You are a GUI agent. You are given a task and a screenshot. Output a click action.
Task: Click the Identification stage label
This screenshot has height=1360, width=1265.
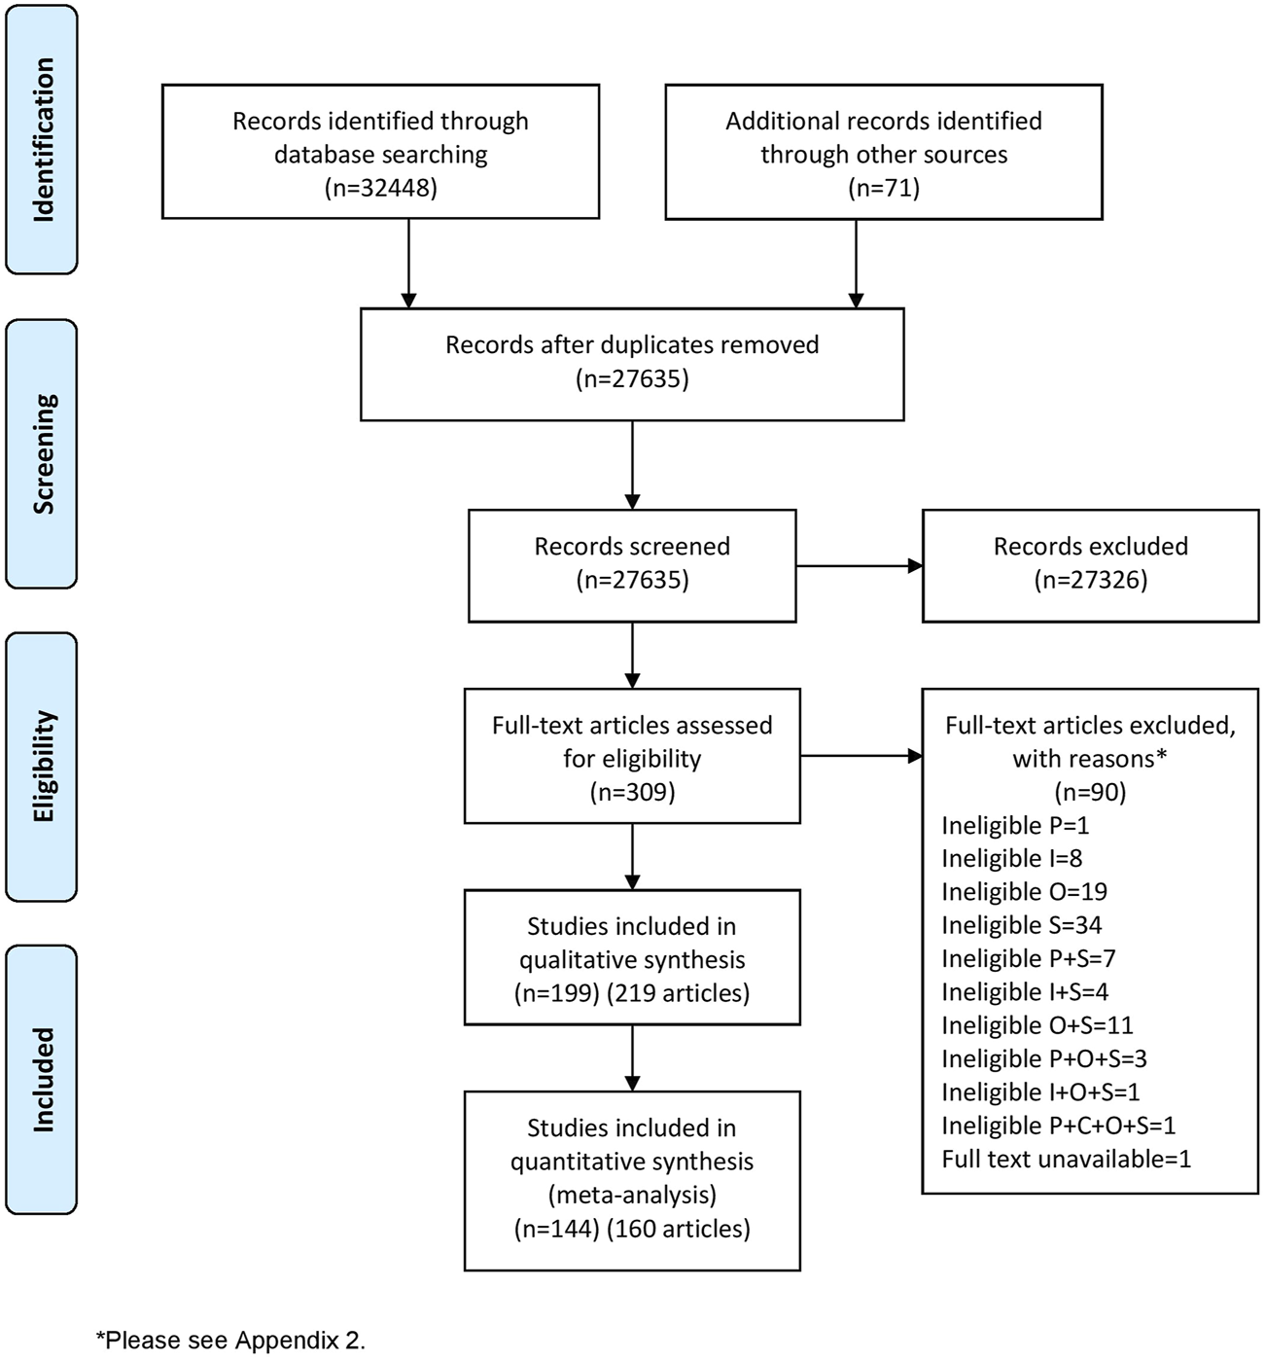(x=42, y=140)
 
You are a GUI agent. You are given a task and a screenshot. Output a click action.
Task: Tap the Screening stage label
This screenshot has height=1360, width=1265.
(x=42, y=453)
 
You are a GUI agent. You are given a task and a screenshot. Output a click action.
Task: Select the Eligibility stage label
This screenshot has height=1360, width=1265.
(x=42, y=767)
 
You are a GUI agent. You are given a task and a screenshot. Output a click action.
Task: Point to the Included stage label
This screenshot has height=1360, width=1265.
(x=42, y=1079)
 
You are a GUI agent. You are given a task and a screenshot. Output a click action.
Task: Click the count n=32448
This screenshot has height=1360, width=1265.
(x=380, y=188)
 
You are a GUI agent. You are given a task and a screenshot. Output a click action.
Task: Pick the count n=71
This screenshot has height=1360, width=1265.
(x=883, y=188)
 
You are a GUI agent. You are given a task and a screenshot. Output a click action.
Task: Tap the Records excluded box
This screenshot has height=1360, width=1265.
(x=1090, y=564)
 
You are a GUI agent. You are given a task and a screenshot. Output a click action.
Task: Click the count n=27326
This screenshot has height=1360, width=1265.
(x=1090, y=581)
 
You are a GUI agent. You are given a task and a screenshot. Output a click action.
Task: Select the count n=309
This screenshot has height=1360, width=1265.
(x=632, y=792)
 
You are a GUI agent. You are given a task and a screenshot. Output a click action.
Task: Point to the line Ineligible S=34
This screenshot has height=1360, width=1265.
(x=1021, y=925)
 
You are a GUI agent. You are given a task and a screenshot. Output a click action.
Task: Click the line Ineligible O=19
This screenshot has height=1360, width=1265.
(x=1024, y=892)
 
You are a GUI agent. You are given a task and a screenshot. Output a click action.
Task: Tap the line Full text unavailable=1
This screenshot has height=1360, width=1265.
(x=1066, y=1159)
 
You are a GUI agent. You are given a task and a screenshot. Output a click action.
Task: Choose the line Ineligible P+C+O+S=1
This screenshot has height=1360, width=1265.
(x=1058, y=1126)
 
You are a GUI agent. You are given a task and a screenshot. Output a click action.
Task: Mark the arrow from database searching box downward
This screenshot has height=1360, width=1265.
(x=409, y=263)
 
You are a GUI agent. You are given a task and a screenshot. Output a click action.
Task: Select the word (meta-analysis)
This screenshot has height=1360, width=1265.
(x=632, y=1195)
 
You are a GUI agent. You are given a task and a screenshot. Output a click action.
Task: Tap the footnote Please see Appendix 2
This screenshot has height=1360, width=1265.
(x=230, y=1341)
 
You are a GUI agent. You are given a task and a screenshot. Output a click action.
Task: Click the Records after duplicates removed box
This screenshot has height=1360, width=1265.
(x=632, y=364)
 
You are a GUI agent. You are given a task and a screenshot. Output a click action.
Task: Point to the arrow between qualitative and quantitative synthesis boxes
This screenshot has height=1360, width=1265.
(x=632, y=1057)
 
